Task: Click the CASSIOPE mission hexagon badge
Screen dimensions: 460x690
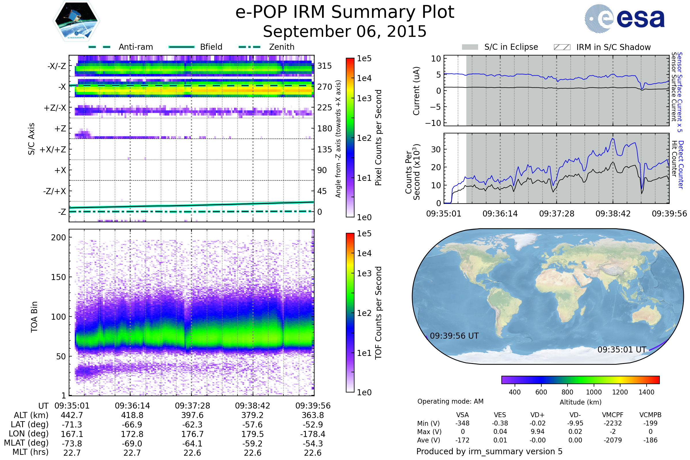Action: [x=76, y=21]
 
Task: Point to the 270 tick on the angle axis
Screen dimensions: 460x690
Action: [x=325, y=87]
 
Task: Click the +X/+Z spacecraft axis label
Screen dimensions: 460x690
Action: [x=53, y=149]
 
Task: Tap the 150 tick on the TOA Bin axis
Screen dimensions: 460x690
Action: [x=58, y=277]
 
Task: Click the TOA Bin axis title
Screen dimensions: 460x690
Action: [x=34, y=317]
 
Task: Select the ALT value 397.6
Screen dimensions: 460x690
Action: [x=192, y=415]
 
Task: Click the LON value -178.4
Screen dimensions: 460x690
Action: [x=313, y=434]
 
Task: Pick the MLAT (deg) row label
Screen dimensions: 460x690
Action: [x=26, y=443]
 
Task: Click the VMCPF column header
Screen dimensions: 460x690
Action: [x=613, y=415]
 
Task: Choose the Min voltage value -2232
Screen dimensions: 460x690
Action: [x=613, y=423]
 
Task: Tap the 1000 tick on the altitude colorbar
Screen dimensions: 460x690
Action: [x=593, y=392]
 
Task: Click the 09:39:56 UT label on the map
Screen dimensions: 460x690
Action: [x=454, y=336]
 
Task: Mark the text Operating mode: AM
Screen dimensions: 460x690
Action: [x=450, y=401]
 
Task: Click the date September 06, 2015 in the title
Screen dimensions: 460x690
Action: [x=345, y=32]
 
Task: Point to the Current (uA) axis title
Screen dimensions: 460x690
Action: [x=416, y=91]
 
